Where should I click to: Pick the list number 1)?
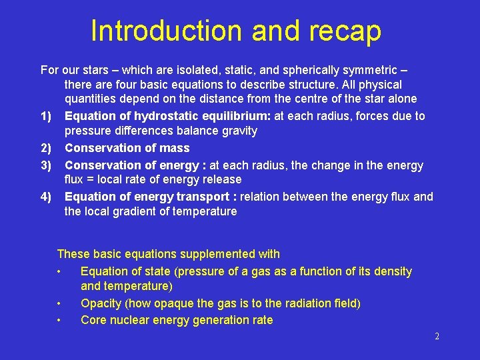point(46,117)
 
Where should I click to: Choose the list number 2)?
point(46,148)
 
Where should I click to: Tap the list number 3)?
point(46,165)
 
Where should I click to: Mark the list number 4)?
point(46,197)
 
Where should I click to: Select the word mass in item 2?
point(175,148)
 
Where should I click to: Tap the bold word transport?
point(201,197)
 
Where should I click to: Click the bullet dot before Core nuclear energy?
point(59,320)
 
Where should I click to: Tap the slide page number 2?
point(437,337)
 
